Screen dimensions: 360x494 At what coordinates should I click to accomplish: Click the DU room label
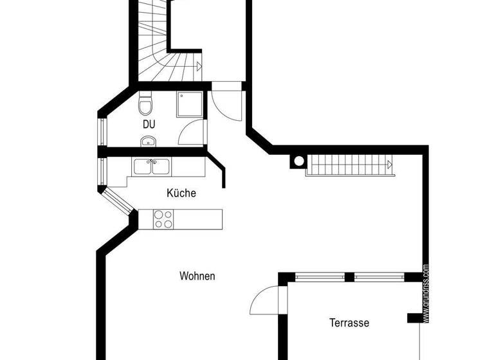(149, 125)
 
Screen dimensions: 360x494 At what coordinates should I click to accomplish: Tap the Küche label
(181, 193)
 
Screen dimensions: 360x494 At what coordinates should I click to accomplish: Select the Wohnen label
(197, 276)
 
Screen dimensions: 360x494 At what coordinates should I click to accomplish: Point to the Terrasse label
(349, 323)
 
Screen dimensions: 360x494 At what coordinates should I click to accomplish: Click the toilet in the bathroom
(145, 103)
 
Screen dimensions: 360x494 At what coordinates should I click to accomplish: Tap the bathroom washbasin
(147, 142)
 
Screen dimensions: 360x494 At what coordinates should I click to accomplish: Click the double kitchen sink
(152, 168)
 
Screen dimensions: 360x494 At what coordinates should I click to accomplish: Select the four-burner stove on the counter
(163, 219)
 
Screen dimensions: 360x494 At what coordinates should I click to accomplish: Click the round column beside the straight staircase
(298, 162)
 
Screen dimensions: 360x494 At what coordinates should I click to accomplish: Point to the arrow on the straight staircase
(390, 165)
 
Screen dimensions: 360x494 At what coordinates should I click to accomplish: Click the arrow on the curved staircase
(199, 65)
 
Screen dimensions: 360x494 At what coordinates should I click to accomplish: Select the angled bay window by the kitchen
(118, 200)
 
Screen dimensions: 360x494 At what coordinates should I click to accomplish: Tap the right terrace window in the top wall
(379, 278)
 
